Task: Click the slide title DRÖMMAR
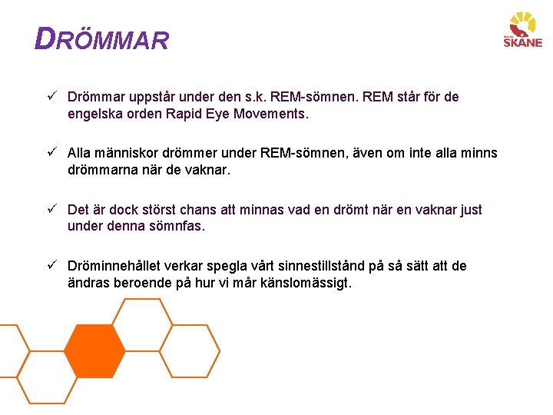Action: click(x=101, y=39)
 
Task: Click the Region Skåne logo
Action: click(x=522, y=31)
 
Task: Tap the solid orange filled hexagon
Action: click(x=94, y=351)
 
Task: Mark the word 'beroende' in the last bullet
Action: click(x=144, y=283)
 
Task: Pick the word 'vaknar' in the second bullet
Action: click(x=207, y=171)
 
